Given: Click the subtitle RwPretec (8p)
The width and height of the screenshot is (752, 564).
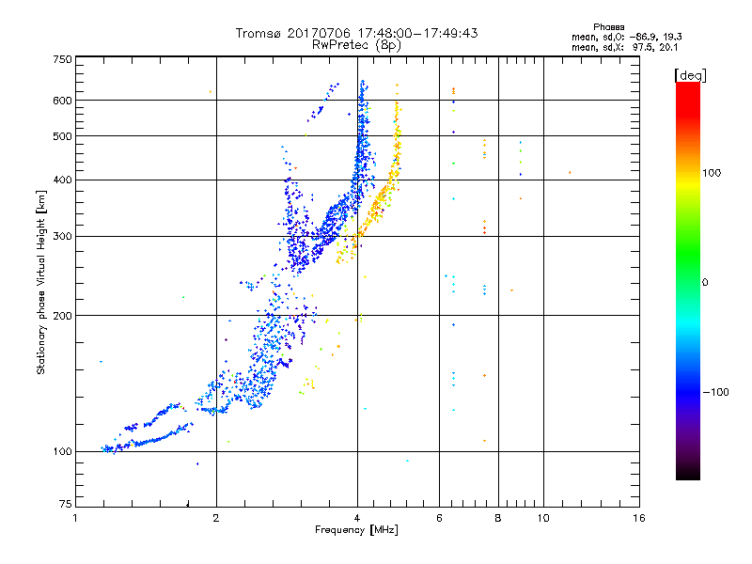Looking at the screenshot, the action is [356, 45].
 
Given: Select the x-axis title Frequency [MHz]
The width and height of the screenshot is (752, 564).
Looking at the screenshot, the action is [356, 530].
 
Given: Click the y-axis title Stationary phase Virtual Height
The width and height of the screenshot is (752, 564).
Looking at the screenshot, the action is [40, 283].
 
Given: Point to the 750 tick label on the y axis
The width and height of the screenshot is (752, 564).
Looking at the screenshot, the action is [62, 59].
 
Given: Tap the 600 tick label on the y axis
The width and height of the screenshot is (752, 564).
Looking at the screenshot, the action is [62, 101].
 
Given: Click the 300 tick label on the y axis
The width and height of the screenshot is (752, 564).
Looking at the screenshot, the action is [62, 236].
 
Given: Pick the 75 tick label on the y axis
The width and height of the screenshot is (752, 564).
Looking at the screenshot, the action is [66, 504].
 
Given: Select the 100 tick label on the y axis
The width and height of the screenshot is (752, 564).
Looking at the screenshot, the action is [62, 451].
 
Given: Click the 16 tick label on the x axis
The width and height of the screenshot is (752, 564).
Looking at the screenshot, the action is [639, 518].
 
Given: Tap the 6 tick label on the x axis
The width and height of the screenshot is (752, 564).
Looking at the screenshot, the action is [439, 518].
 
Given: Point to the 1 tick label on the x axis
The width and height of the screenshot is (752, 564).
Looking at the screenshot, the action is [75, 518].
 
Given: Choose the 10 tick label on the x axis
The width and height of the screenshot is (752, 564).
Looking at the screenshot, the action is [543, 518].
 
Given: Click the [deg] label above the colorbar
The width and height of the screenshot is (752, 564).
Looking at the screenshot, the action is [690, 75].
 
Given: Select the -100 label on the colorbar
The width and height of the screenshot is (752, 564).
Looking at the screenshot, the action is [715, 392].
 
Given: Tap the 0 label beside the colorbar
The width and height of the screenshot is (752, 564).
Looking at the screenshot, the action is [705, 282].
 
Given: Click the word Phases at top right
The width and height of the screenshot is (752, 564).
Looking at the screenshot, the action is [608, 27].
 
